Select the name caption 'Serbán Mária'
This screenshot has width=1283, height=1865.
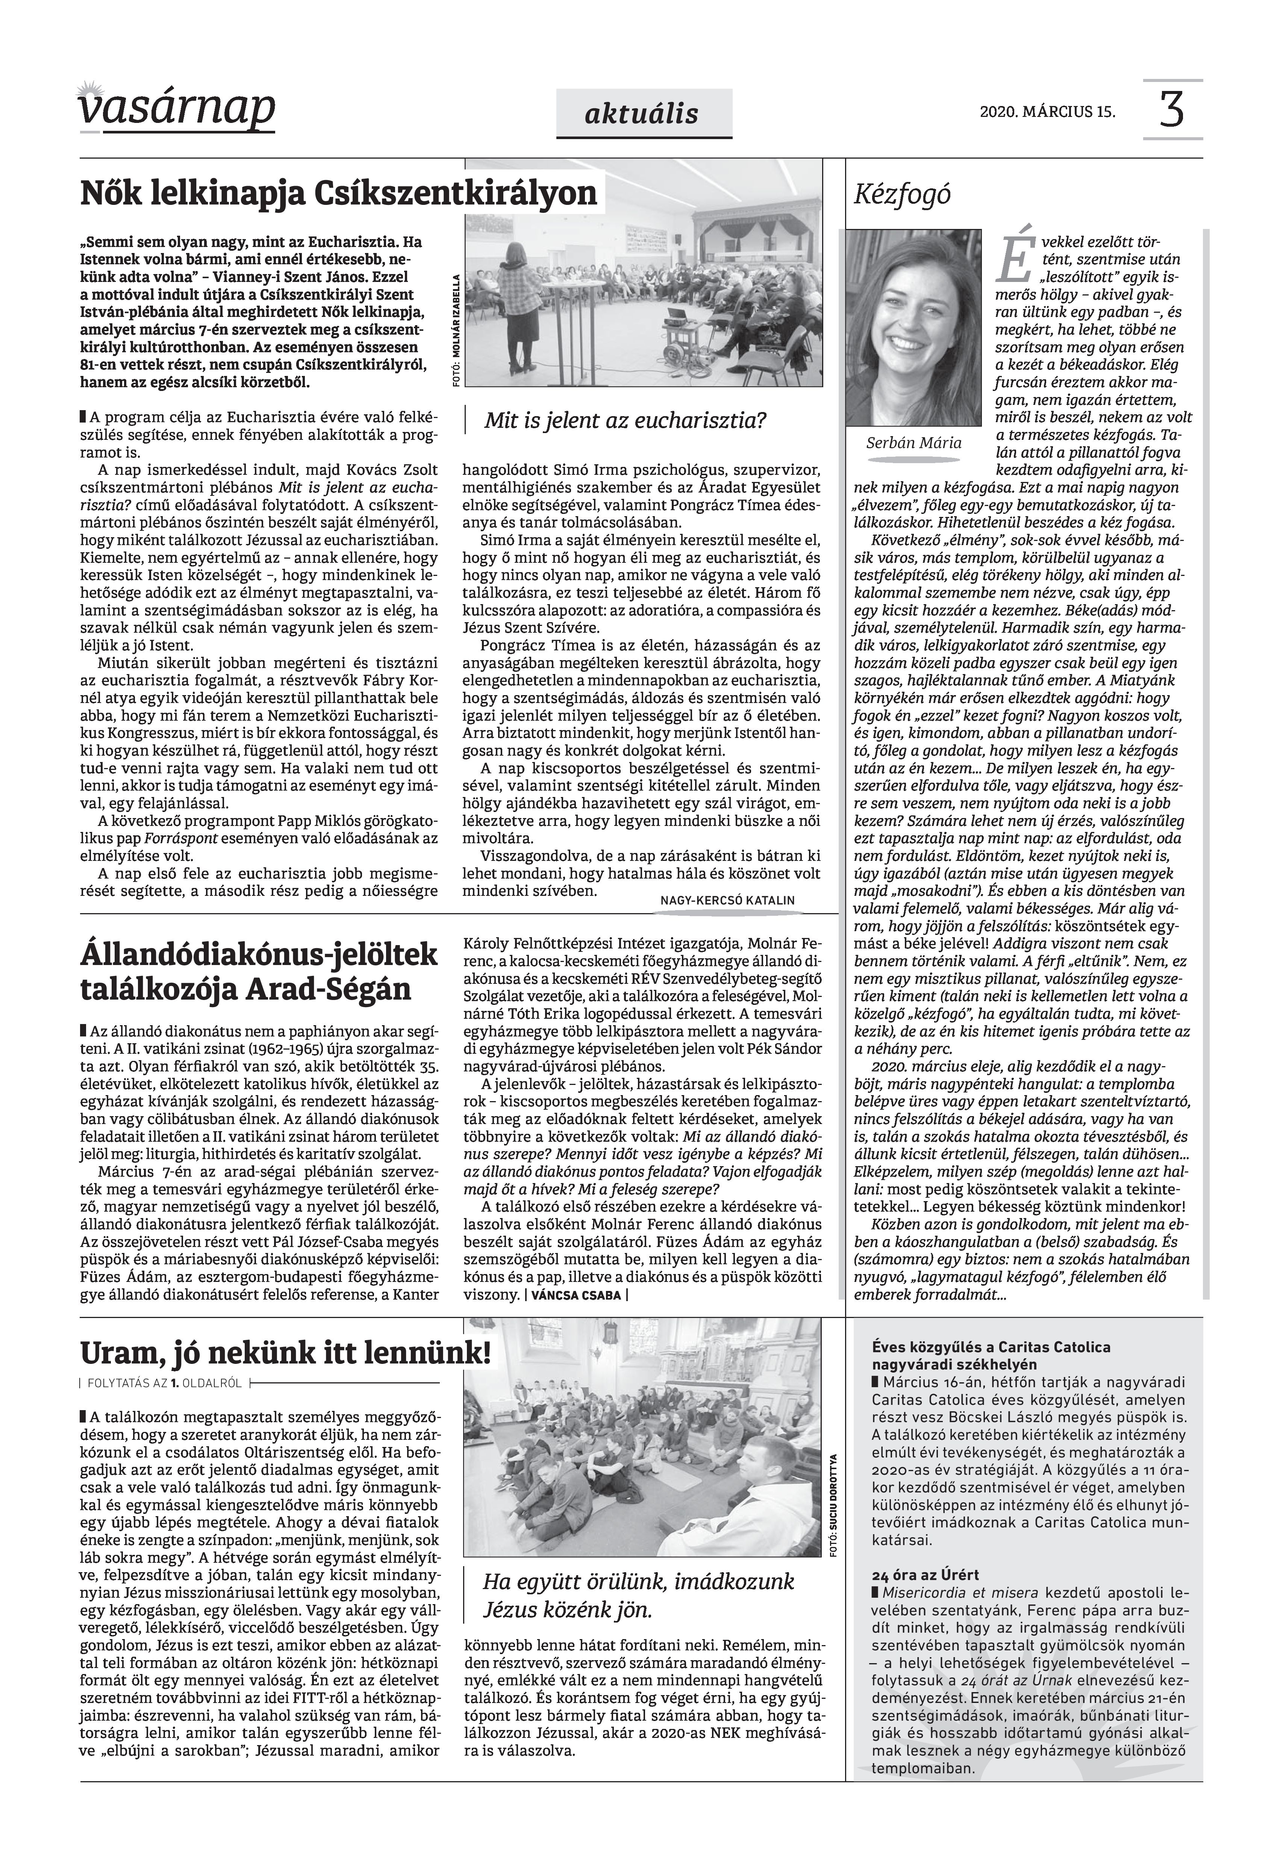(914, 443)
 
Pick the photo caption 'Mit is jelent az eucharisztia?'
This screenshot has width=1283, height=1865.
(625, 420)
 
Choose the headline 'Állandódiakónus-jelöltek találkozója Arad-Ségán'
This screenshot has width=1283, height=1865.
(259, 972)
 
